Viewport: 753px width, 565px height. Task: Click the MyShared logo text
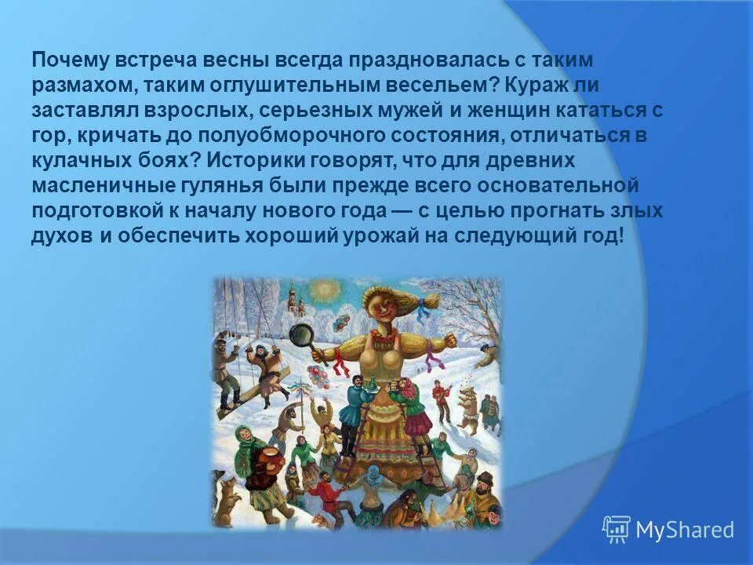click(x=684, y=530)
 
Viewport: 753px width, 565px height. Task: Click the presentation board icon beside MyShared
click(x=616, y=530)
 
